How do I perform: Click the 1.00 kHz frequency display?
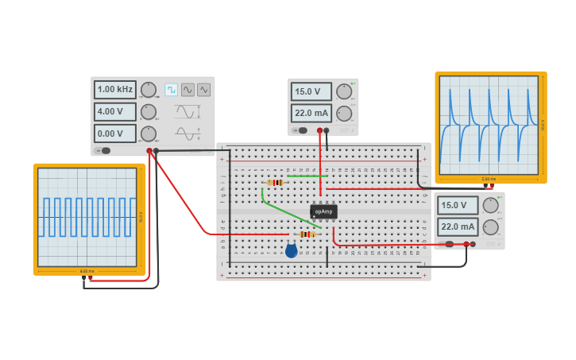click(115, 89)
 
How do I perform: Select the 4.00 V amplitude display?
click(115, 111)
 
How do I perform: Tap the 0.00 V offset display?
click(115, 134)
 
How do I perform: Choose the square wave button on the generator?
click(171, 90)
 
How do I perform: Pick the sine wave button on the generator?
click(187, 90)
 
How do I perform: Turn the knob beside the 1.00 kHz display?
click(149, 90)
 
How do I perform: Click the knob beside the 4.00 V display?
click(149, 112)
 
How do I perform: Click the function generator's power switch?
click(103, 150)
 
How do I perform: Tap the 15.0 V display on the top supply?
click(311, 91)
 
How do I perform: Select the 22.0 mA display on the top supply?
click(311, 113)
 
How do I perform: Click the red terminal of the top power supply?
click(319, 130)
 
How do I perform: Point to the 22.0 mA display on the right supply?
click(458, 226)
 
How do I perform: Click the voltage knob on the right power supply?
click(491, 205)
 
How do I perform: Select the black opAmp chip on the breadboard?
click(323, 211)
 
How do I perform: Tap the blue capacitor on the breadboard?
click(291, 251)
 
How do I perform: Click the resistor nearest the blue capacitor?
click(307, 234)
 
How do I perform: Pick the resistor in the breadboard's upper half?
click(276, 182)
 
